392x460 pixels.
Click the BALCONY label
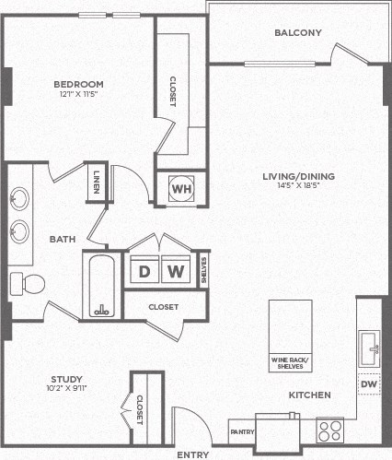click(298, 33)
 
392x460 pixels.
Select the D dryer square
click(144, 271)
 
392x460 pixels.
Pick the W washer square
click(176, 271)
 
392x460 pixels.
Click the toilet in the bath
click(29, 282)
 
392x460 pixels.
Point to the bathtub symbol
click(102, 285)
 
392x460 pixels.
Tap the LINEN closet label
click(98, 180)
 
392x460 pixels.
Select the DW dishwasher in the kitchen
click(369, 383)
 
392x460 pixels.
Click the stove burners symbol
click(330, 431)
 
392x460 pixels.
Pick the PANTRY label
click(242, 431)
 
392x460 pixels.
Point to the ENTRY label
click(192, 454)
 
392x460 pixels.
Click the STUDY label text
click(66, 379)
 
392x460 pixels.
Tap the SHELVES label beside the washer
click(203, 271)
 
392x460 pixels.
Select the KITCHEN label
click(310, 395)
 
